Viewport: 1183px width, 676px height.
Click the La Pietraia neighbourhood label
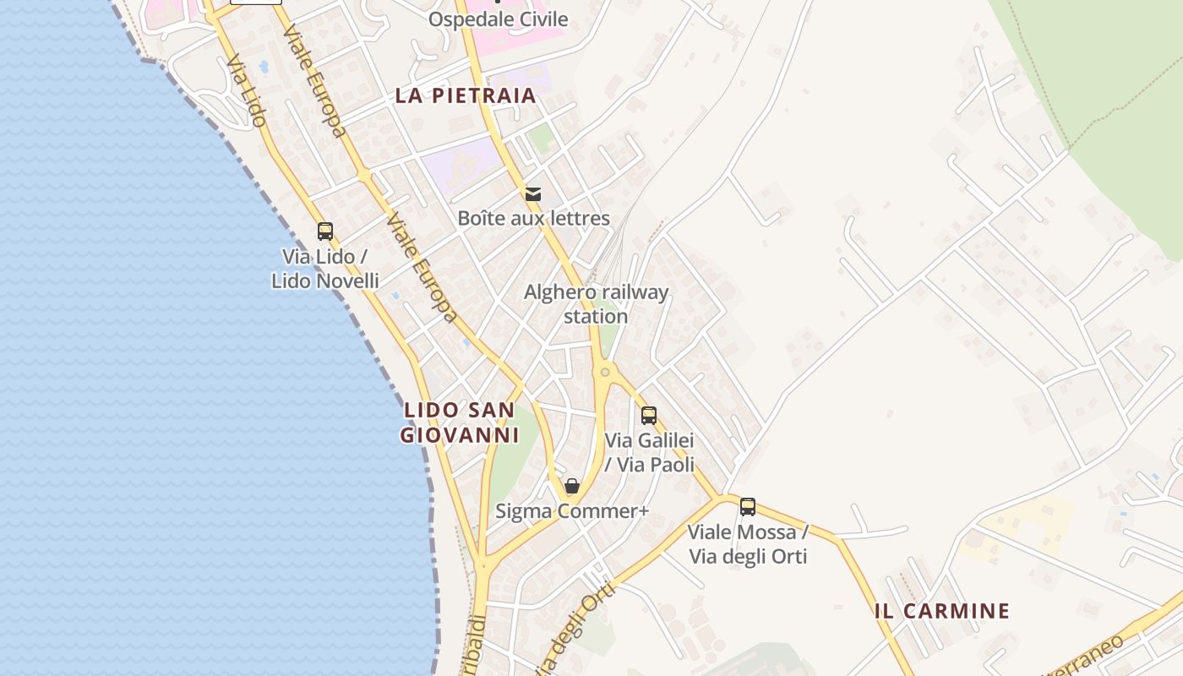pyautogui.click(x=466, y=95)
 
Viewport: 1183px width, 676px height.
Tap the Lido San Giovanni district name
pyautogui.click(x=459, y=422)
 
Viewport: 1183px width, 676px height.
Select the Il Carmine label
pyautogui.click(x=942, y=611)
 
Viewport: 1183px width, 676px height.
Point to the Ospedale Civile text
pyautogui.click(x=498, y=19)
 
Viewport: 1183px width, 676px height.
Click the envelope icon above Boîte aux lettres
pyautogui.click(x=533, y=194)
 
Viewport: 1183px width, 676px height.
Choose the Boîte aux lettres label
pyautogui.click(x=533, y=218)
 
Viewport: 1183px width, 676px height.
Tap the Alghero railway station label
pyautogui.click(x=596, y=304)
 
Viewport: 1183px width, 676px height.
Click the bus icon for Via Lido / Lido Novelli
pyautogui.click(x=325, y=231)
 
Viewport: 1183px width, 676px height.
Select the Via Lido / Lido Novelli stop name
pyautogui.click(x=324, y=269)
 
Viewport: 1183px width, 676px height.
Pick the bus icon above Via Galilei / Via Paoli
pyautogui.click(x=649, y=415)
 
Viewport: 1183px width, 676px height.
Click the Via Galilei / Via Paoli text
pyautogui.click(x=649, y=452)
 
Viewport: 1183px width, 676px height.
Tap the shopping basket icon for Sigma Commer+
pyautogui.click(x=572, y=486)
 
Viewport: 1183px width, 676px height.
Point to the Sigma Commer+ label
pyautogui.click(x=572, y=511)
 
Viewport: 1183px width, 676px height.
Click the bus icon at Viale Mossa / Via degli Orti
pyautogui.click(x=748, y=507)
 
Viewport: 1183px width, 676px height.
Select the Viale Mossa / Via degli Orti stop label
pyautogui.click(x=748, y=544)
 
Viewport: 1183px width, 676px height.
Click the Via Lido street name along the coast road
pyautogui.click(x=247, y=91)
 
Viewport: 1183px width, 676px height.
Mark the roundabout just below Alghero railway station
pyautogui.click(x=605, y=372)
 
